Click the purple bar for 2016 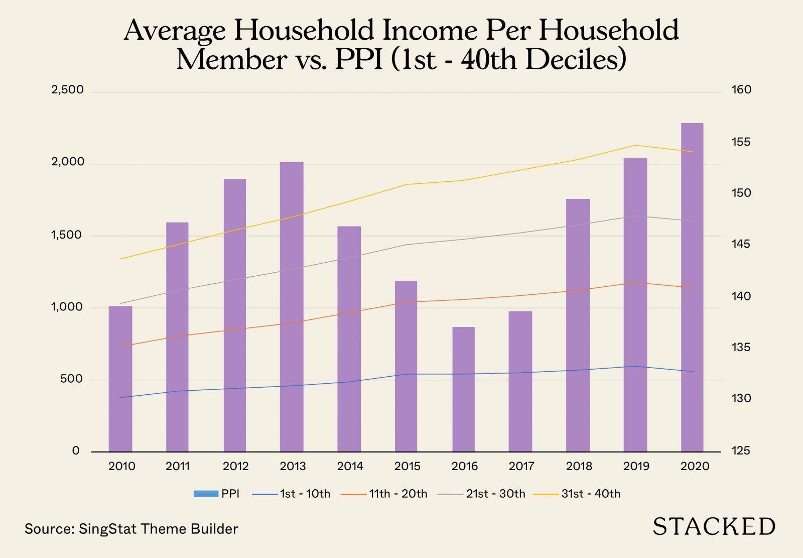463,389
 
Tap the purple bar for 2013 292,307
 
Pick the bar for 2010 120,379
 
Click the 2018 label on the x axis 579,466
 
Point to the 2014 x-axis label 350,466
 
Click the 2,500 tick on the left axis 67,90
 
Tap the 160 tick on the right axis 741,90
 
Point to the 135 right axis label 741,347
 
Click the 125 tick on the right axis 741,451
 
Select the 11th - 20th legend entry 384,494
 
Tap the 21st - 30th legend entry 482,494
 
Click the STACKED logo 714,527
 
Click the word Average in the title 175,31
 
